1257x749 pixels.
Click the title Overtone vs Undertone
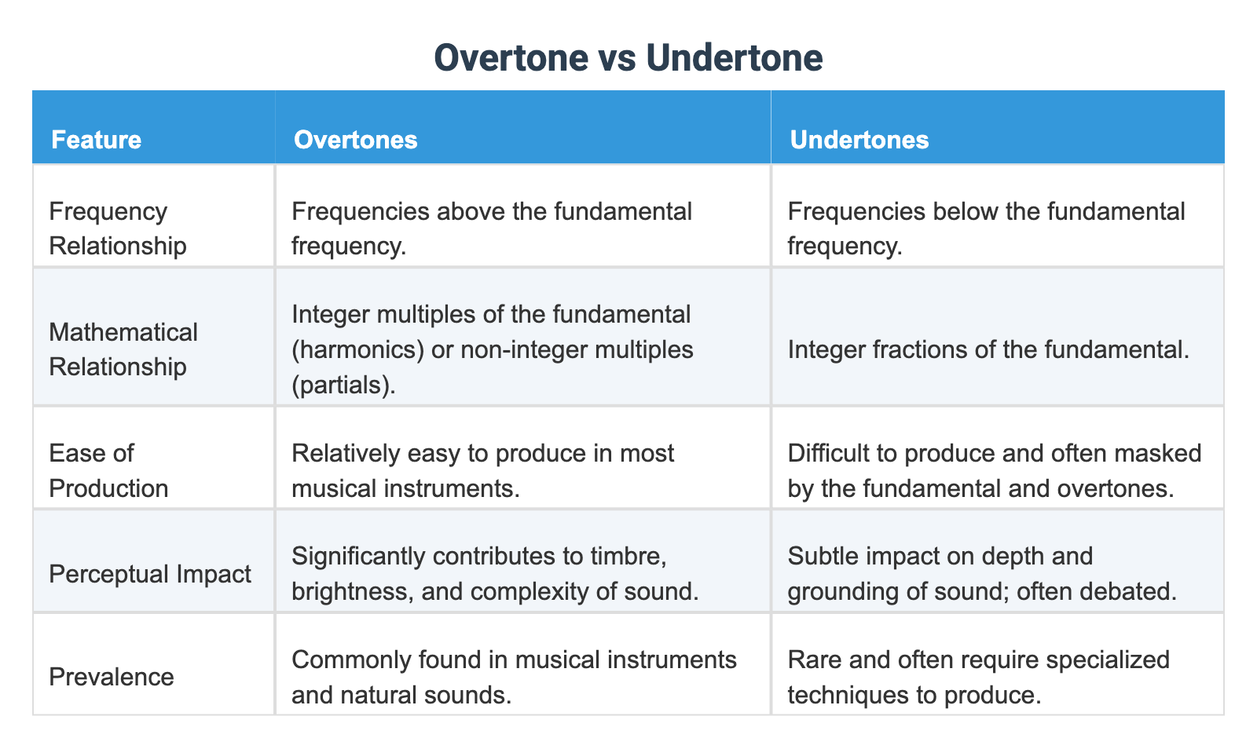(628, 58)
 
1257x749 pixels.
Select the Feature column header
(96, 140)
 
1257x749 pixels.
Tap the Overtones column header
(355, 140)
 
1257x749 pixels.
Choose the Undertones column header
(859, 140)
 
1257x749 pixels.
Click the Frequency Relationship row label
(117, 228)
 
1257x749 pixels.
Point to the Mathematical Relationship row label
(123, 349)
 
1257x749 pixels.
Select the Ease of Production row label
(108, 470)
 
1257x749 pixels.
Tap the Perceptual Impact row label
(149, 573)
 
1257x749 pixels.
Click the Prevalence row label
(111, 676)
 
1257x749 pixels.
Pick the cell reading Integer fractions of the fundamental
(988, 349)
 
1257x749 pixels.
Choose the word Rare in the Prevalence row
(813, 659)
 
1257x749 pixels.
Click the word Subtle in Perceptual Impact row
(821, 556)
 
